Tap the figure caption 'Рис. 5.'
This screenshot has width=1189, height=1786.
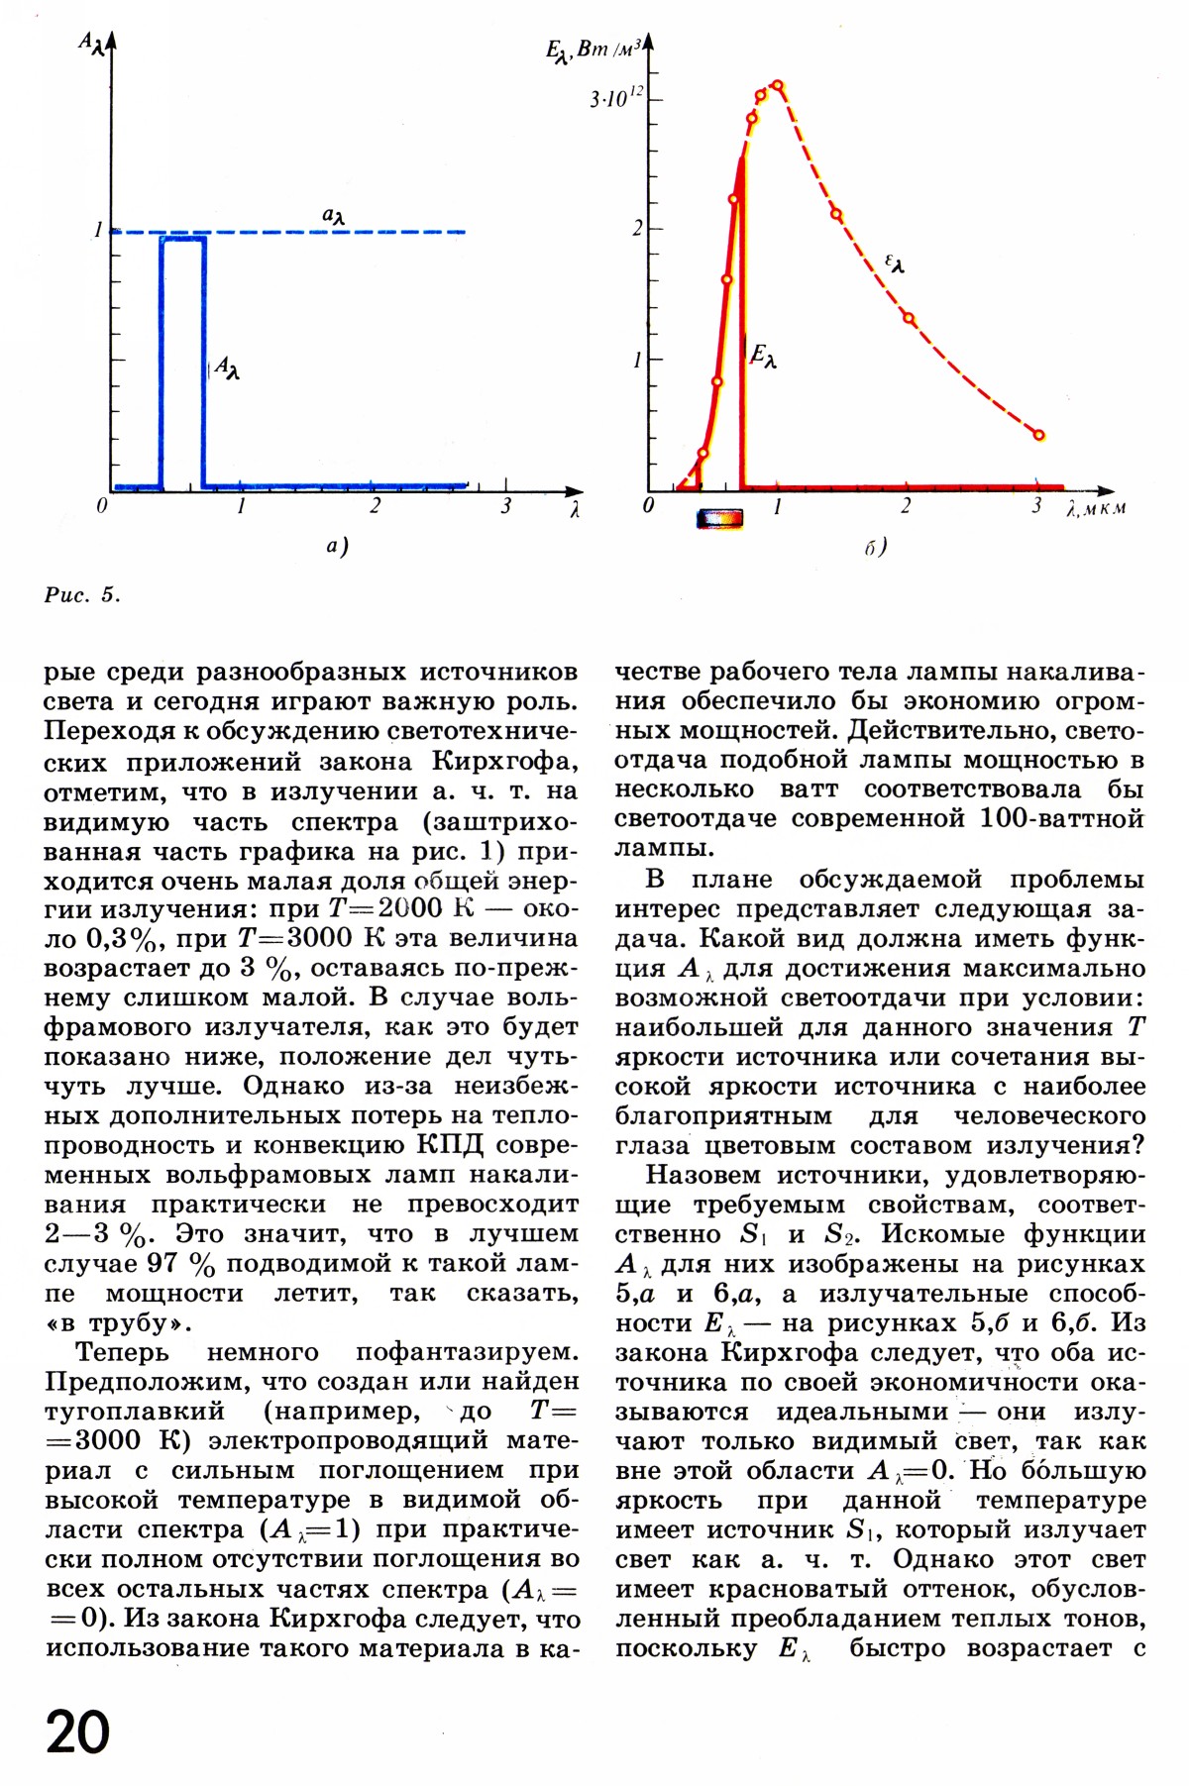82,595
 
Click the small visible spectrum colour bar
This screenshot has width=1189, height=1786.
719,518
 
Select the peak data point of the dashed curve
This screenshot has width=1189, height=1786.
778,85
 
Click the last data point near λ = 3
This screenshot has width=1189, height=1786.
1039,434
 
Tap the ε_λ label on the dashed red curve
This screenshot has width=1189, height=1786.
894,263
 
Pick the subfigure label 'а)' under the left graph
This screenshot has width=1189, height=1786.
337,546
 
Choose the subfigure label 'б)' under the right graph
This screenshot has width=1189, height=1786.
875,546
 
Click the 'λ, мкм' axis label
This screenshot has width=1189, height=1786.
1096,509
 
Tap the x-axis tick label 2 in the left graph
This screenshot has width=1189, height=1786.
375,506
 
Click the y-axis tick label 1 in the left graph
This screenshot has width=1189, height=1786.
98,230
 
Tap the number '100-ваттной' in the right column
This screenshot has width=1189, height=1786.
1061,819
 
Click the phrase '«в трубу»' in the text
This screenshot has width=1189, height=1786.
118,1323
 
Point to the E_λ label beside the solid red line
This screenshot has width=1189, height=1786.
763,356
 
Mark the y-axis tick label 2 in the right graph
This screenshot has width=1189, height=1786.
638,228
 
